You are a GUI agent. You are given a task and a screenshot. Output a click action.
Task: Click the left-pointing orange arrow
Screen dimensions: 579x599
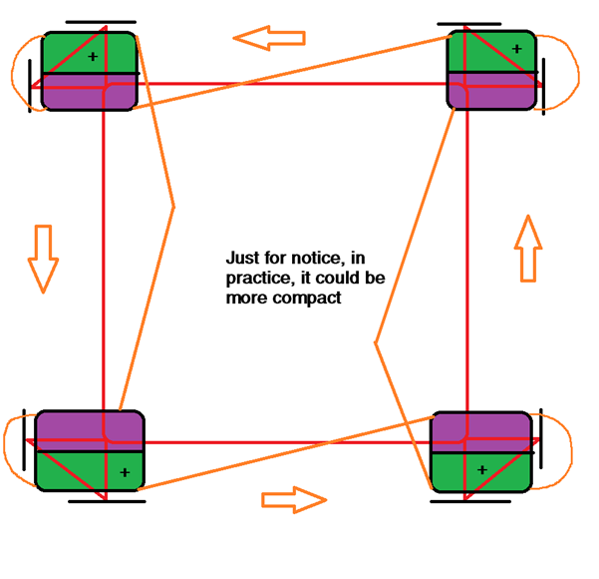point(268,38)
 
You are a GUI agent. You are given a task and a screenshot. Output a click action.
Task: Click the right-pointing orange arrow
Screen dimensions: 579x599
point(294,499)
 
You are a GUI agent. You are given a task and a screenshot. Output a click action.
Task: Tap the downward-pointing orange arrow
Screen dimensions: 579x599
point(43,258)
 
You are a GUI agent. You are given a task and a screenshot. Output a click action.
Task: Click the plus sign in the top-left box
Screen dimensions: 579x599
point(93,57)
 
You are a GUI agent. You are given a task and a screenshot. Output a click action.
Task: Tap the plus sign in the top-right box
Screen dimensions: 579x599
point(516,47)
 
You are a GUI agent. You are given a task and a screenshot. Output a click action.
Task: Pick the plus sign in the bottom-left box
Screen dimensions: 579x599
point(125,471)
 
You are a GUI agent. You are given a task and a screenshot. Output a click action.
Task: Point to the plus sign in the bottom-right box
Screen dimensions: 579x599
point(482,469)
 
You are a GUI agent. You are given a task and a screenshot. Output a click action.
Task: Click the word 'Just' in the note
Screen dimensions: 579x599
point(245,256)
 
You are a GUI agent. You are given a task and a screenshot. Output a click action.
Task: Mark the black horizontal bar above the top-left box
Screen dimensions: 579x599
point(100,20)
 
